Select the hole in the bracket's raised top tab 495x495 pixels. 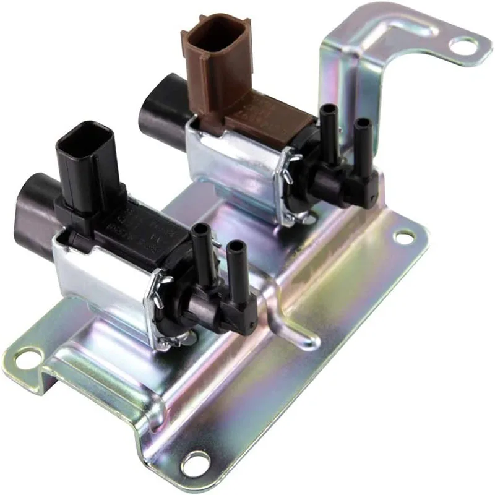point(463,45)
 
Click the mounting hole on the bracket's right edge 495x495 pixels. point(404,236)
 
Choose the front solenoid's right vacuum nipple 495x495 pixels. point(235,260)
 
